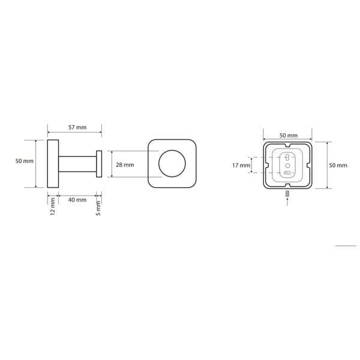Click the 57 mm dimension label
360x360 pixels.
click(x=77, y=127)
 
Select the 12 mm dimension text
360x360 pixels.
click(x=53, y=206)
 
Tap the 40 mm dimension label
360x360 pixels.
click(x=77, y=200)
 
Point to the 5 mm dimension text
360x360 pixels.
click(x=98, y=208)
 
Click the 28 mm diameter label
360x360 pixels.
click(x=125, y=165)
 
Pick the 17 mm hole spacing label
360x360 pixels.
click(x=241, y=166)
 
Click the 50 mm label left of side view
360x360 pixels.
click(x=25, y=161)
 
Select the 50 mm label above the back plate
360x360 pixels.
click(x=289, y=136)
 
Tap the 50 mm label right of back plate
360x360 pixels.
click(x=338, y=166)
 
